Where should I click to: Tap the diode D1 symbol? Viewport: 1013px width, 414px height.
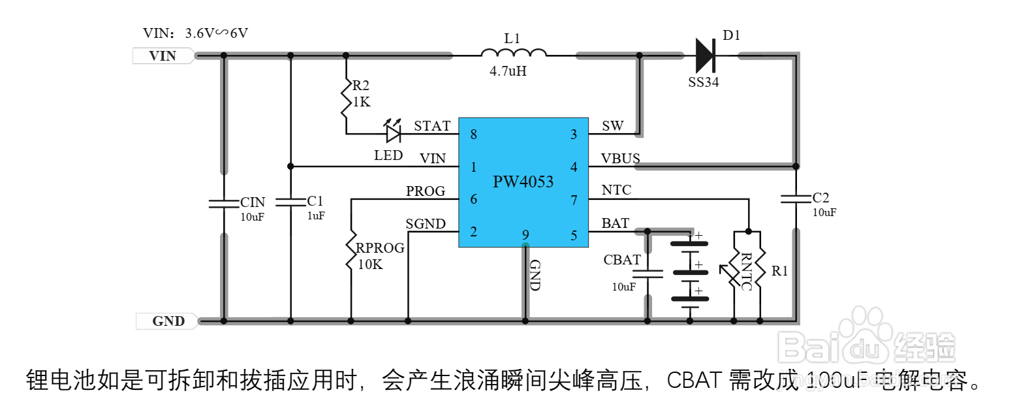(706, 56)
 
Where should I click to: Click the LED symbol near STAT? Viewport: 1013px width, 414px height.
(393, 134)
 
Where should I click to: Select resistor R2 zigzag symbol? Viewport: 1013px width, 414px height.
(347, 99)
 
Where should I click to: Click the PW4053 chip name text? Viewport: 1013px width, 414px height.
(523, 182)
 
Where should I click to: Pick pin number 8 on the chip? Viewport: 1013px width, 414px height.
(473, 135)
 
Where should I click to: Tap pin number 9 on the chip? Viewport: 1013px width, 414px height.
(524, 234)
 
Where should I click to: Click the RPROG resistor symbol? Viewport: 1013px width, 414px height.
(351, 249)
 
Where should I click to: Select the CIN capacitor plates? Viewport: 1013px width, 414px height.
(223, 203)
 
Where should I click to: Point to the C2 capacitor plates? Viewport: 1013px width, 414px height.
(796, 198)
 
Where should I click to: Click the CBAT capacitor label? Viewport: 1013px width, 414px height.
(622, 260)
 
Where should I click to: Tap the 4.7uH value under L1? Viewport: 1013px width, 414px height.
(508, 72)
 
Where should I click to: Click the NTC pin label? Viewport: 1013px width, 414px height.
(616, 190)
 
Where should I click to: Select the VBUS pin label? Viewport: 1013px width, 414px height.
(621, 159)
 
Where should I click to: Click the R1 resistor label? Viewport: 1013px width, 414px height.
(779, 271)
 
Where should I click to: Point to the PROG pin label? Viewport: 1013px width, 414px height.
(426, 191)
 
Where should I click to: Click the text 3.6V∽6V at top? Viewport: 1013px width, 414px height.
(217, 33)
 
